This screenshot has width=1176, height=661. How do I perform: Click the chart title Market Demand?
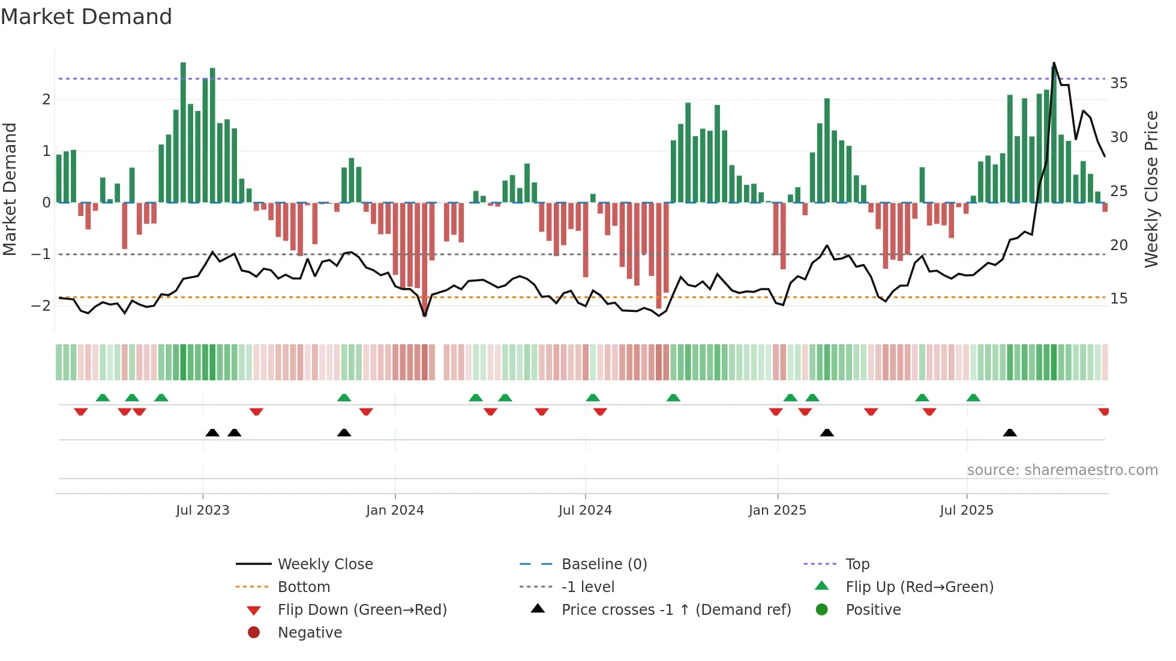(86, 17)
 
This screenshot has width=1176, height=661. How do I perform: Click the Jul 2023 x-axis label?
(202, 510)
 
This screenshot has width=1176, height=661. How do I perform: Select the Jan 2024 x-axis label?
(395, 510)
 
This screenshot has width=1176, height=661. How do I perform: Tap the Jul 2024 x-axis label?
(585, 510)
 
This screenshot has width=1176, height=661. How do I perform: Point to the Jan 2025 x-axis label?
(777, 510)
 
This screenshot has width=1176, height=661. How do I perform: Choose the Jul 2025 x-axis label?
(967, 510)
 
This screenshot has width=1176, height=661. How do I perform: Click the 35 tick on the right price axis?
(1118, 83)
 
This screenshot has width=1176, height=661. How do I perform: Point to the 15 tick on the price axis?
(1118, 299)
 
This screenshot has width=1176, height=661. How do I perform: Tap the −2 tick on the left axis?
(41, 305)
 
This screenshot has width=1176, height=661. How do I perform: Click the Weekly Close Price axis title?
(1151, 189)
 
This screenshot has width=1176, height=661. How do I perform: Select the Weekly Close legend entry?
(325, 564)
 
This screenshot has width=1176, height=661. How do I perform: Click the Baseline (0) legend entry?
(604, 564)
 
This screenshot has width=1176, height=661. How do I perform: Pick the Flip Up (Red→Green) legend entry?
(919, 587)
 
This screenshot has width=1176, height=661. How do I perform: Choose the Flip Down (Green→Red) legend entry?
(362, 610)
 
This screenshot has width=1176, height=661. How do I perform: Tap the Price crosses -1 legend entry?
(676, 610)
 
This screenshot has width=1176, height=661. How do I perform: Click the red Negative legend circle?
(254, 633)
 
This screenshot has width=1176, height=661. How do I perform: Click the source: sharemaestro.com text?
(1062, 470)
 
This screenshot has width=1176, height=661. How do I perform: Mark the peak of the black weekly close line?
(1054, 63)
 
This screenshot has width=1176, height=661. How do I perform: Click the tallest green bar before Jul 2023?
(183, 132)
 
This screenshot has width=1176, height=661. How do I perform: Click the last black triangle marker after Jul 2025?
(1010, 432)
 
